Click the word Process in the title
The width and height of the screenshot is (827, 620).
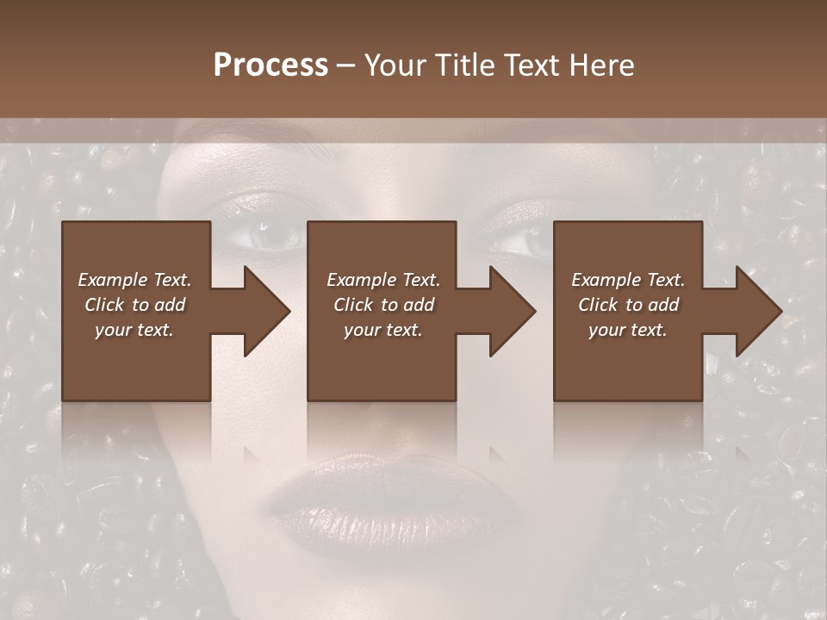coord(270,65)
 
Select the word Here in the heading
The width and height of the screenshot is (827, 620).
coord(600,65)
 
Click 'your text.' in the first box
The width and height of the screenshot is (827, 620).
coord(134,330)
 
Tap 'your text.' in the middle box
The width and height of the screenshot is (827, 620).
coord(382,330)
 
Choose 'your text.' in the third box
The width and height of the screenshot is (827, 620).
coord(627,330)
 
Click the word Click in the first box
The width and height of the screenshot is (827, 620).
coord(104,305)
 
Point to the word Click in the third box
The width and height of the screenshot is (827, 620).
coord(598,305)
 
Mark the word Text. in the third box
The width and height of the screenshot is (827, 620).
coord(664,279)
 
